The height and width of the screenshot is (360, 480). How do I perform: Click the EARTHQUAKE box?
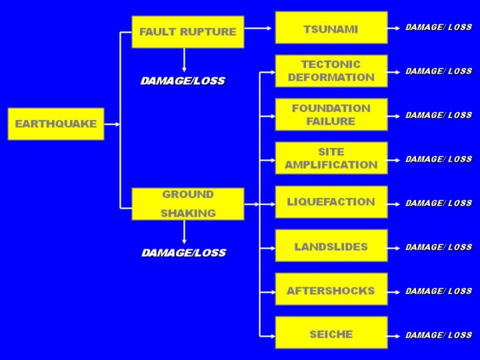coord(56,124)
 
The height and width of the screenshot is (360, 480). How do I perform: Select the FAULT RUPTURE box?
coord(188,32)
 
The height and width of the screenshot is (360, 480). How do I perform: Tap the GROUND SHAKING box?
coord(188,204)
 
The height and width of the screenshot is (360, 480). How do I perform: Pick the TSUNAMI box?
coord(331,28)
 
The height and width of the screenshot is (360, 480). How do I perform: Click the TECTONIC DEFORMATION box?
coord(331,71)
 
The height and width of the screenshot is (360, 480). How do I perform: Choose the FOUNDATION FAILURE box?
coord(331,115)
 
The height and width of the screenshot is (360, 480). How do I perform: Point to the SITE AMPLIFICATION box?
coord(331,158)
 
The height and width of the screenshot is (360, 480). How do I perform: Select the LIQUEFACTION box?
coord(331,202)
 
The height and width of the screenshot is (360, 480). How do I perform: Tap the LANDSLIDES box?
coord(331,246)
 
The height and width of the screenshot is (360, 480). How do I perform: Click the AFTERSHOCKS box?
coord(331,289)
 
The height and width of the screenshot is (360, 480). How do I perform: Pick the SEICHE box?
coord(331,333)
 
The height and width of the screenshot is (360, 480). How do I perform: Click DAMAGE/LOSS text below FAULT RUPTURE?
coord(183,81)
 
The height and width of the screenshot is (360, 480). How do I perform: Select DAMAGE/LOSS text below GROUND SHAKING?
coord(184,253)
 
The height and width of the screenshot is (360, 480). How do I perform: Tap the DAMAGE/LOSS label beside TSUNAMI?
coord(439,27)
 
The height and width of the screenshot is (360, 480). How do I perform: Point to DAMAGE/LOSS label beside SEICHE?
coord(439,335)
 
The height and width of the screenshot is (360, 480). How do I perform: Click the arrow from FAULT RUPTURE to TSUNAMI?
coord(258,28)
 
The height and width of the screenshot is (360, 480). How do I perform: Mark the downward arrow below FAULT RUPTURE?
coord(184,60)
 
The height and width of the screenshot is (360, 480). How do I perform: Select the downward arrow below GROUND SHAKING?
coord(184,232)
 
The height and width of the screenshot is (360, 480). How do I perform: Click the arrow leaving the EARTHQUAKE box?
coord(112,124)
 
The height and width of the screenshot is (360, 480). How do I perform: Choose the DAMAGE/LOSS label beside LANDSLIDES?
coord(439,247)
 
